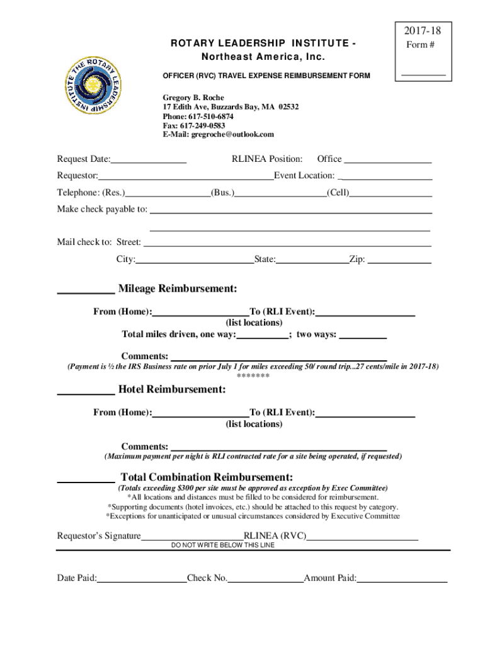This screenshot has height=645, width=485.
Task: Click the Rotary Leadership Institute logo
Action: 93,87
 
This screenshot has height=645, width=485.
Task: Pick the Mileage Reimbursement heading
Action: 178,289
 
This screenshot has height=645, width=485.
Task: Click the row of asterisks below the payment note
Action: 253,376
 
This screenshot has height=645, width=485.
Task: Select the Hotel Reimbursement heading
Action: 171,390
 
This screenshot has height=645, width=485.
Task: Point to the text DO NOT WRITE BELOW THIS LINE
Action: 223,545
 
